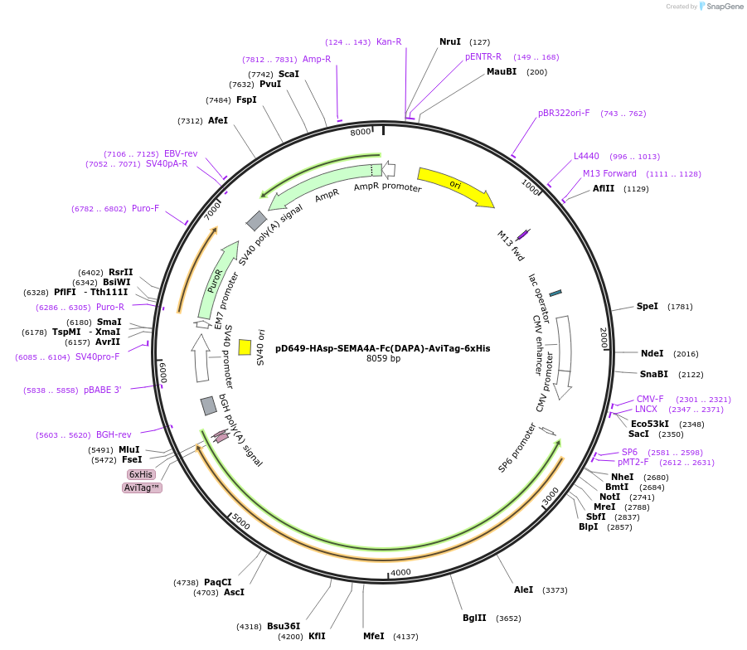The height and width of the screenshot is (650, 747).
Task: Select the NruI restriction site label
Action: click(450, 41)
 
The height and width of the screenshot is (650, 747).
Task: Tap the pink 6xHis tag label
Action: click(140, 474)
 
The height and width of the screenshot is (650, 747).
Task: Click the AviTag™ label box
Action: click(142, 487)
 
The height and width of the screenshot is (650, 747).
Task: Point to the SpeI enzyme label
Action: click(648, 306)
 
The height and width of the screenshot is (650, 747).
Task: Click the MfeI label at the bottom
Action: click(374, 636)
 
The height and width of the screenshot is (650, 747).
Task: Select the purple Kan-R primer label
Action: click(389, 41)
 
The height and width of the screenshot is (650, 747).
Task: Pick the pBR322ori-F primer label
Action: click(564, 113)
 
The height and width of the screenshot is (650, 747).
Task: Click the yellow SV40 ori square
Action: click(245, 347)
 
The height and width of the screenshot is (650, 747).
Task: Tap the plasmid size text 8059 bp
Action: click(383, 359)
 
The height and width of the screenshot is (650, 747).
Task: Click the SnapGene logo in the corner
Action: click(719, 7)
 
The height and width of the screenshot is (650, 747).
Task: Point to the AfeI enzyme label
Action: click(218, 120)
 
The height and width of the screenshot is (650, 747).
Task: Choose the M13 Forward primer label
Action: click(609, 173)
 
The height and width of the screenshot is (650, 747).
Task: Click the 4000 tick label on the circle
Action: click(400, 572)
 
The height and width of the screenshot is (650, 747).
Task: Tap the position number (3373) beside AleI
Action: click(555, 589)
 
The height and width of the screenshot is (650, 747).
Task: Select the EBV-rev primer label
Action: click(181, 153)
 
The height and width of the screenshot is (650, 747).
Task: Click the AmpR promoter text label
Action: click(387, 187)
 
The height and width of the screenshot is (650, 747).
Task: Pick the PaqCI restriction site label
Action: click(218, 582)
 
